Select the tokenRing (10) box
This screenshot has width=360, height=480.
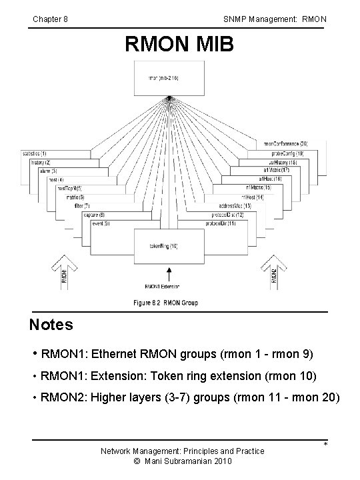click(165, 247)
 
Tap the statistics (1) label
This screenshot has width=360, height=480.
click(33, 154)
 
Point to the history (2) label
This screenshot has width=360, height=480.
click(41, 163)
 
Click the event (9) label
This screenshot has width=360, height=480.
click(102, 223)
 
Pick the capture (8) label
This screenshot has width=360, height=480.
click(95, 214)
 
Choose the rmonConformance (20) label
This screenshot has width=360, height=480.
click(285, 144)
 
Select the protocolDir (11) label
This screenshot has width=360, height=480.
click(223, 223)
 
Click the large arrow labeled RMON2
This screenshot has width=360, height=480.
click(273, 274)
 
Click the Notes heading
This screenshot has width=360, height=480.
click(51, 325)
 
